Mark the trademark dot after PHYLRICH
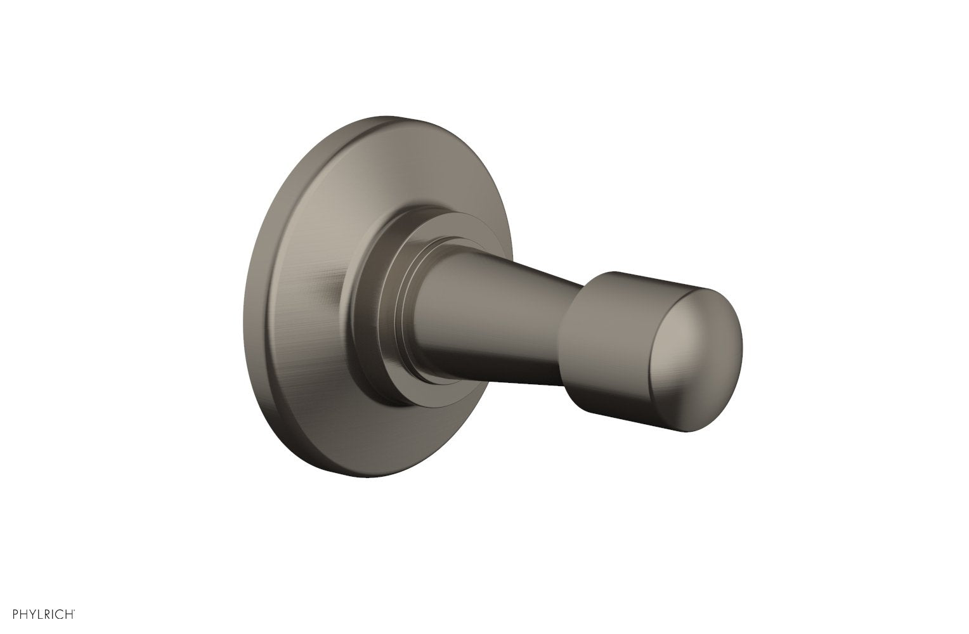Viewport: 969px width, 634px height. pos(77,611)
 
